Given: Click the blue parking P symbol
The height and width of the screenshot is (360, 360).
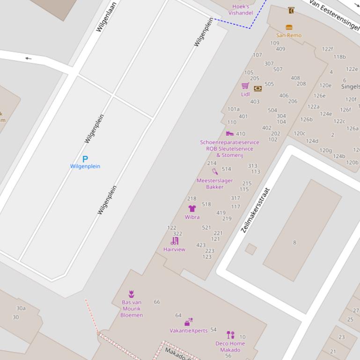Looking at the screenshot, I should pyautogui.click(x=85, y=159).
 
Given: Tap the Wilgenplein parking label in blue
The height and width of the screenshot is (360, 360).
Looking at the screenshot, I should pyautogui.click(x=85, y=166).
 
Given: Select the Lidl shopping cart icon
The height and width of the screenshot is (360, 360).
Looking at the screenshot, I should pyautogui.click(x=245, y=86).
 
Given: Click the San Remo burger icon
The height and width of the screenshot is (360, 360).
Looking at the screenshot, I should pyautogui.click(x=289, y=28).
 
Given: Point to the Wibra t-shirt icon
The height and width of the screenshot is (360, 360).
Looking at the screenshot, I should pyautogui.click(x=192, y=209).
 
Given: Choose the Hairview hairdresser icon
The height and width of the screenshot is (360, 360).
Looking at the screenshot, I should pyautogui.click(x=175, y=241).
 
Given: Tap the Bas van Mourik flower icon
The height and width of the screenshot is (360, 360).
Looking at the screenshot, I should pyautogui.click(x=132, y=294).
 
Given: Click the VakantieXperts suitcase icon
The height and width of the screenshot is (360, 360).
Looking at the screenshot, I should pyautogui.click(x=188, y=322).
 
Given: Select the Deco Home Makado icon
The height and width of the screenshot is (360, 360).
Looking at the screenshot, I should pyautogui.click(x=230, y=335).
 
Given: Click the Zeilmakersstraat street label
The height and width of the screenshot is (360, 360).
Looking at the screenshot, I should pyautogui.click(x=256, y=210).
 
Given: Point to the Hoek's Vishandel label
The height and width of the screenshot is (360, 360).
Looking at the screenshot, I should pyautogui.click(x=241, y=10).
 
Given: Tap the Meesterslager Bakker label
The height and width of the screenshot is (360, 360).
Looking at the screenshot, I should pyautogui.click(x=214, y=184).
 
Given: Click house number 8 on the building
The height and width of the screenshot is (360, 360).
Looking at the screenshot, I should pyautogui.click(x=294, y=242).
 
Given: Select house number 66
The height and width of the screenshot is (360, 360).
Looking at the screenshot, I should pyautogui.click(x=157, y=302).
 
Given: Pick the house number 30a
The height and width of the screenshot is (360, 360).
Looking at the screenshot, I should pyautogui.click(x=21, y=308).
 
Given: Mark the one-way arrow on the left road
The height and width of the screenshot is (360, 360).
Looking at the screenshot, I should pyautogui.click(x=29, y=58).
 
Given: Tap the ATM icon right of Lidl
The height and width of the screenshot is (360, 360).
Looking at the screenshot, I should pyautogui.click(x=257, y=88).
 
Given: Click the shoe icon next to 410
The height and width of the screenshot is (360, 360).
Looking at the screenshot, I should pyautogui.click(x=229, y=134).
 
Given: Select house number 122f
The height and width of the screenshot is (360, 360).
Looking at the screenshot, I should pyautogui.click(x=327, y=49).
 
